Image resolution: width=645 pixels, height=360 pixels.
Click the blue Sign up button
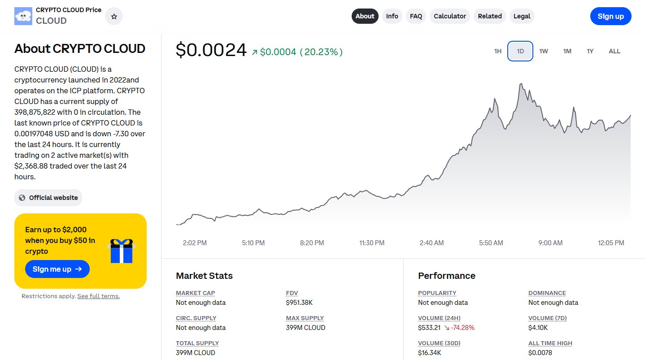610,16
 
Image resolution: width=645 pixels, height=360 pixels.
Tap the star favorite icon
114,17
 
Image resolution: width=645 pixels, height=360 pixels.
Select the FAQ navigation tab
416,16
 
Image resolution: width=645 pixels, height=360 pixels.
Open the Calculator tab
449,16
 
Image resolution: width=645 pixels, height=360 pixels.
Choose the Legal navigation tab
522,16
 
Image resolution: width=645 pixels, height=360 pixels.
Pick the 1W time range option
544,51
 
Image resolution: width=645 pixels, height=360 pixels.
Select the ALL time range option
614,51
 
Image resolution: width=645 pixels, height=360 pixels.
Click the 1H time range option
498,51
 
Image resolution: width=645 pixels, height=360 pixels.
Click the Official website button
48,198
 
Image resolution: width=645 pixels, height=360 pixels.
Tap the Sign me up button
57,269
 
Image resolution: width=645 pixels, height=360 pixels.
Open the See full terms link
98,296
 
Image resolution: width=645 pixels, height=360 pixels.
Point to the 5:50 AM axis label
491,243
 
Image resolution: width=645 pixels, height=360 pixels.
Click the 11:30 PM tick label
372,243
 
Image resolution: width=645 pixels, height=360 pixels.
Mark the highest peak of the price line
521,83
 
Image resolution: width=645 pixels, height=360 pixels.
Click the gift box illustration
122,251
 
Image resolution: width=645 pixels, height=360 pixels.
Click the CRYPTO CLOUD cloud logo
23,16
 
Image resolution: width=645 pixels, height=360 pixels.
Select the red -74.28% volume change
459,328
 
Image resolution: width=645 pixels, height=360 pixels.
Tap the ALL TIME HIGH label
550,343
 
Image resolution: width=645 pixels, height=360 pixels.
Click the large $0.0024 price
211,50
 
